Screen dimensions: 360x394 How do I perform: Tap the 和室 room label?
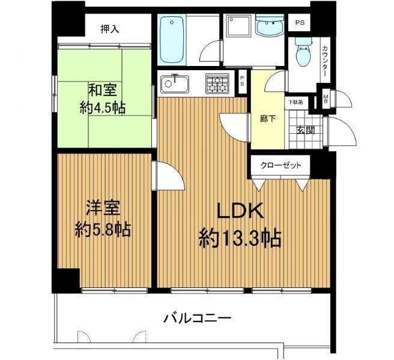click(103, 91)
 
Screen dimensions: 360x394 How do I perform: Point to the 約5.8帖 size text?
click(103, 230)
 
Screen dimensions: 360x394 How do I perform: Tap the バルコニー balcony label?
click(198, 318)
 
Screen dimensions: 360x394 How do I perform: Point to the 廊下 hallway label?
click(267, 118)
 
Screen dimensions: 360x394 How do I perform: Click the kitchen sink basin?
click(175, 83)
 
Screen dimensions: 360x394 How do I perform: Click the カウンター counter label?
click(325, 60)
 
